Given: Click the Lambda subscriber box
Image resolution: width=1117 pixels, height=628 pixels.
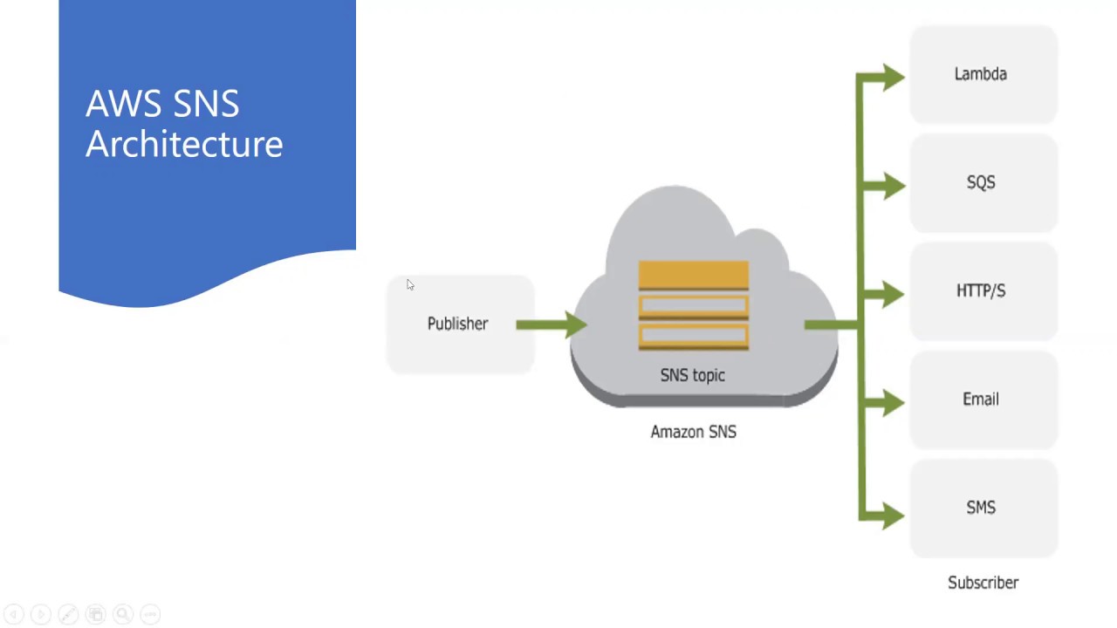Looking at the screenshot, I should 983,75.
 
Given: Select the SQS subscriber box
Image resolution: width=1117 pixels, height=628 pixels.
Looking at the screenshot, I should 983,183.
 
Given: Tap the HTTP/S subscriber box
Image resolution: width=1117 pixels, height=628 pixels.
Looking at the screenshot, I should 983,291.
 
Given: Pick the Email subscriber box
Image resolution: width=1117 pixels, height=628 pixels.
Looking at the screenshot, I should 983,399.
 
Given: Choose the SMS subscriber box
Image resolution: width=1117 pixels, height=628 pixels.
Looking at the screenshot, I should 983,509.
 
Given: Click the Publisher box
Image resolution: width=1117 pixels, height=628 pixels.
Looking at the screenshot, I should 460,324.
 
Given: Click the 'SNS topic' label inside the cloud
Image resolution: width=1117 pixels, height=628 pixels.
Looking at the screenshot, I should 692,375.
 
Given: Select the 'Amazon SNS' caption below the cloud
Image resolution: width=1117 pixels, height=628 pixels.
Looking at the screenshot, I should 693,432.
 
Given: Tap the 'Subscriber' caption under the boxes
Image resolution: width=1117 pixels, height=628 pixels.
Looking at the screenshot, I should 983,583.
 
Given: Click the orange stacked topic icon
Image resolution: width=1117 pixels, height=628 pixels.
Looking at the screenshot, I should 693,306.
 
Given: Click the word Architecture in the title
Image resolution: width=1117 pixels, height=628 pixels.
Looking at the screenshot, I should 184,144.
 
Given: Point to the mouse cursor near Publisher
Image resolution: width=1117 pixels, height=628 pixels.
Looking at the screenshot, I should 409,284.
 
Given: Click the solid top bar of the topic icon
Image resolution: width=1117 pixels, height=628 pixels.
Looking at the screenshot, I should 693,276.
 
